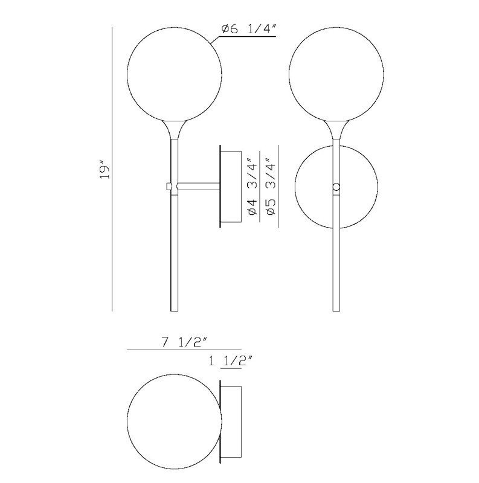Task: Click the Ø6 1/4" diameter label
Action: tap(248, 29)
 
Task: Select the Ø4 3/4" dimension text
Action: tap(251, 187)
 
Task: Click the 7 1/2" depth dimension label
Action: tap(184, 342)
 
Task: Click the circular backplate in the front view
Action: tap(295, 187)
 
